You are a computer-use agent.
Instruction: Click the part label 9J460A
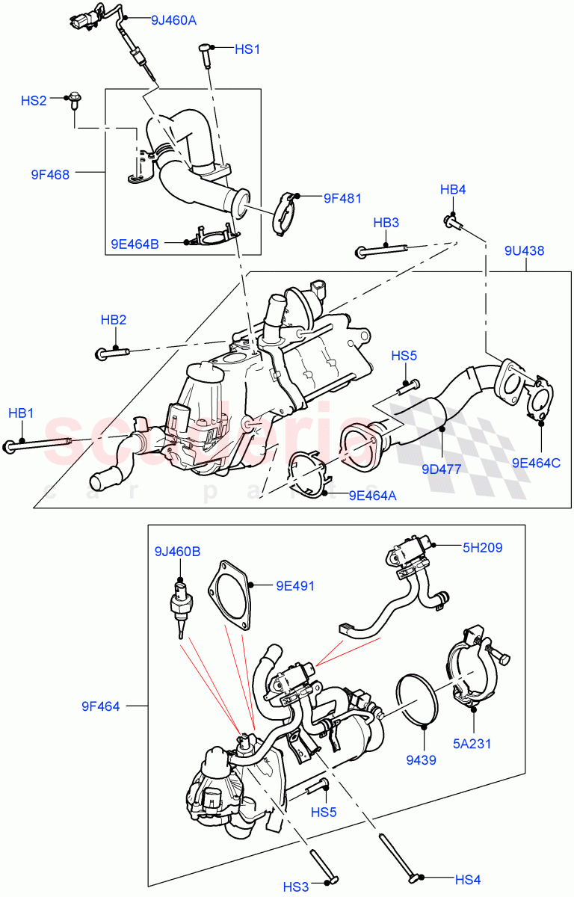tap(173, 20)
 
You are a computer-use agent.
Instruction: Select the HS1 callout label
tap(247, 49)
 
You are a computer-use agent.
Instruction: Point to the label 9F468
tap(50, 175)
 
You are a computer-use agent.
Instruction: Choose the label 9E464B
tap(135, 243)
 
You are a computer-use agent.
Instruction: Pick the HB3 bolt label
tap(386, 223)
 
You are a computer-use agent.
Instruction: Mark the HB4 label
tap(453, 190)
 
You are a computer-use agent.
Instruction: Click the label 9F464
tap(101, 706)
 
